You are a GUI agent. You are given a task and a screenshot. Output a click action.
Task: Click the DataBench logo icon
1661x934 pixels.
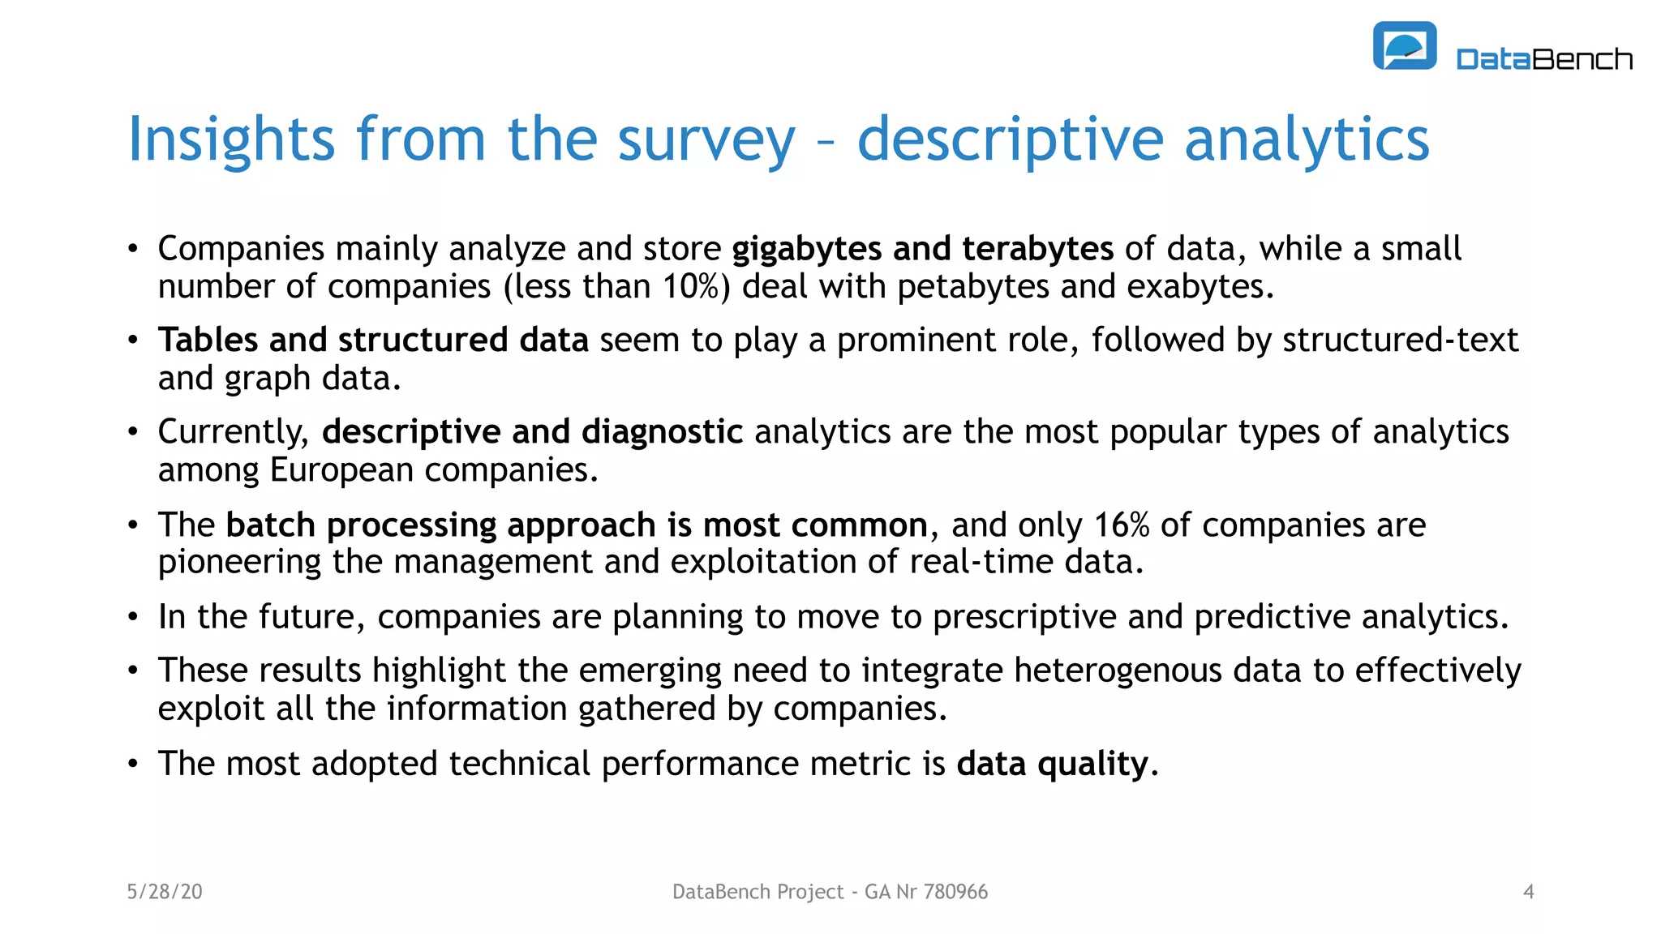(1404, 46)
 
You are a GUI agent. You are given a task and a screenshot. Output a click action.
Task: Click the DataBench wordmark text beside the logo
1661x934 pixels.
(1543, 59)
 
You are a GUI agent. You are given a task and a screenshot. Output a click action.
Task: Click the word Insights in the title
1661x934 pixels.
(231, 139)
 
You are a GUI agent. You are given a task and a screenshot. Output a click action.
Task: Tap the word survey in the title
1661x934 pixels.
(706, 139)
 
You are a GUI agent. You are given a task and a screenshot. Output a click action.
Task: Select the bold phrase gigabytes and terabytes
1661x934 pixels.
(922, 249)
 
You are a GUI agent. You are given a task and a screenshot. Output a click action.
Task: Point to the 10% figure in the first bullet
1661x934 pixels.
(691, 287)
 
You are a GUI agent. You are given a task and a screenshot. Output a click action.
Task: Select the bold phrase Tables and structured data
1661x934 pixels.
(373, 341)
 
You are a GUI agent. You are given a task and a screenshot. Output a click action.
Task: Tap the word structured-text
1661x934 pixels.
(1400, 341)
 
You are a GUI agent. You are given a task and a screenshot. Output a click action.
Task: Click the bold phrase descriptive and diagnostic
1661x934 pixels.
(532, 432)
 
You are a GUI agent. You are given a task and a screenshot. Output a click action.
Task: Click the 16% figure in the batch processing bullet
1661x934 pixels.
(1122, 525)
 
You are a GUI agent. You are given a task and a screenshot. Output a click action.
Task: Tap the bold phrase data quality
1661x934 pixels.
(1052, 764)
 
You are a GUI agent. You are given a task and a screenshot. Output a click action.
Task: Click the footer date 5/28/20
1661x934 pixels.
(165, 892)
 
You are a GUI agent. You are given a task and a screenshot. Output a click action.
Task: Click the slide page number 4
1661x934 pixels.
(1528, 892)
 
